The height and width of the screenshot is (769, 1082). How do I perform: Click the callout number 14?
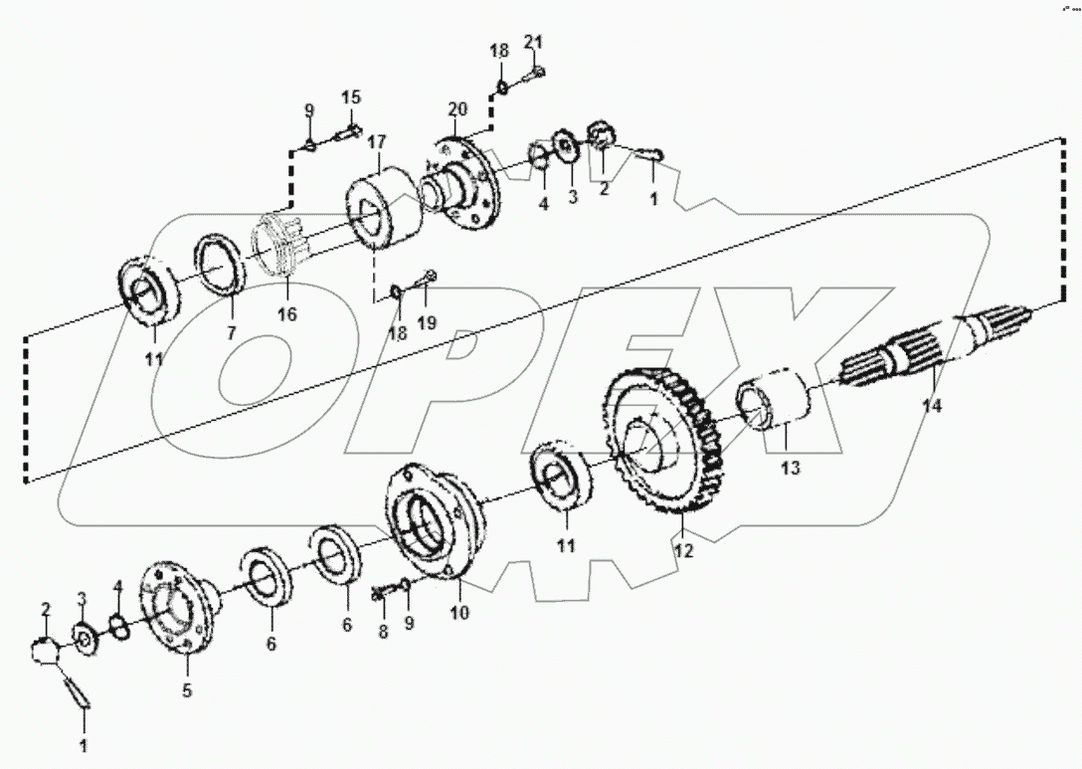pyautogui.click(x=932, y=406)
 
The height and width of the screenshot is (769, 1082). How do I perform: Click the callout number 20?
pyautogui.click(x=456, y=108)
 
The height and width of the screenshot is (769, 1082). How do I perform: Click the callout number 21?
pyautogui.click(x=533, y=41)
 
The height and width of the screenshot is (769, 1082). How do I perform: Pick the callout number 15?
pyautogui.click(x=352, y=97)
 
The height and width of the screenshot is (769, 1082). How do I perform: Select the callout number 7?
pyautogui.click(x=231, y=333)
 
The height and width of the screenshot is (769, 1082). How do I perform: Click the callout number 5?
pyautogui.click(x=187, y=688)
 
